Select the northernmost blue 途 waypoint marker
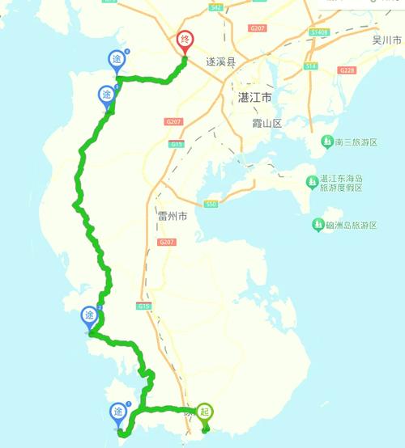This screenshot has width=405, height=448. [117, 60]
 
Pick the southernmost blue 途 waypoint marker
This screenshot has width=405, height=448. [119, 413]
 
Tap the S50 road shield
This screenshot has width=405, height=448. [211, 204]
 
